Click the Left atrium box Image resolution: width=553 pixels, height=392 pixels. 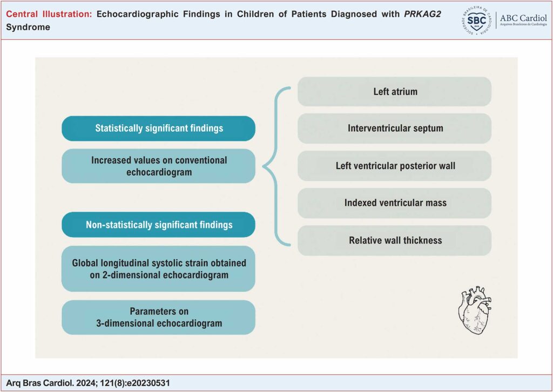(394, 92)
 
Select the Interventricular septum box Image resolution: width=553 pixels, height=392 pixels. (394, 129)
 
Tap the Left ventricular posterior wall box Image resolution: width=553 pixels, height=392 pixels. (394, 166)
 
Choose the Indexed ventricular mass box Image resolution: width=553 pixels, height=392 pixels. (394, 203)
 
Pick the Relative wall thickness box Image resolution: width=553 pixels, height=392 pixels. (394, 240)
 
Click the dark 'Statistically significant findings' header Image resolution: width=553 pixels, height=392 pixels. (158, 129)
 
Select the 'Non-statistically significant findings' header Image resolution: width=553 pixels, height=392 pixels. (158, 225)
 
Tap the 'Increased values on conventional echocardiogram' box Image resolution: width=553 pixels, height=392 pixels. (158, 166)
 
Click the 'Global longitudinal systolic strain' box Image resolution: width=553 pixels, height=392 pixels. (158, 268)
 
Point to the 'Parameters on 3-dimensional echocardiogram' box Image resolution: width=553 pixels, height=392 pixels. (158, 317)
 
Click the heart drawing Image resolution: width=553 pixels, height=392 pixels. (475, 310)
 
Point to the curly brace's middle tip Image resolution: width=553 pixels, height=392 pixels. (264, 166)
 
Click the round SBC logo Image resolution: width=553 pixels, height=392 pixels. (476, 20)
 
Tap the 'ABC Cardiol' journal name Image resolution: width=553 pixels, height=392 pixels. (523, 18)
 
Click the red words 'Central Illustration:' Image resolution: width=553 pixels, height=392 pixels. (49, 14)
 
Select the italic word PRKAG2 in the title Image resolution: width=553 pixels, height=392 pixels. (422, 14)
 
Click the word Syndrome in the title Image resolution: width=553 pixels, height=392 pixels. (28, 27)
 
